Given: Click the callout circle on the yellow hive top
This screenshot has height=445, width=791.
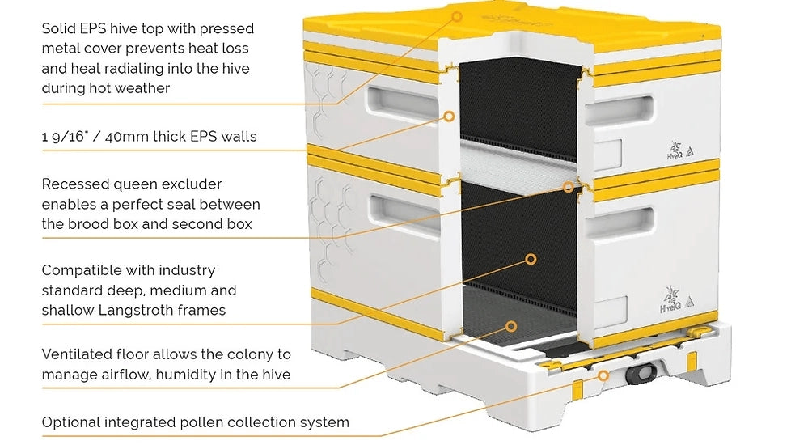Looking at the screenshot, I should [x=457, y=15].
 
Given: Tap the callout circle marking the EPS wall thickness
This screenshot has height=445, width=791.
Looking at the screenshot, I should [x=447, y=118].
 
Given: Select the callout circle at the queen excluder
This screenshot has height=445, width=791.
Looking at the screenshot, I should [x=569, y=187].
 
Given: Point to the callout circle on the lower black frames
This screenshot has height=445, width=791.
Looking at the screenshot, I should [x=531, y=260].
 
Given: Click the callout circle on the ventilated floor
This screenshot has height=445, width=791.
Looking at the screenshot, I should [x=510, y=326].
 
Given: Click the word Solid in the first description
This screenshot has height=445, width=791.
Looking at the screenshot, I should [x=58, y=29].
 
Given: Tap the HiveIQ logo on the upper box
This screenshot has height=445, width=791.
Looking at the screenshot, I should [x=675, y=147].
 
